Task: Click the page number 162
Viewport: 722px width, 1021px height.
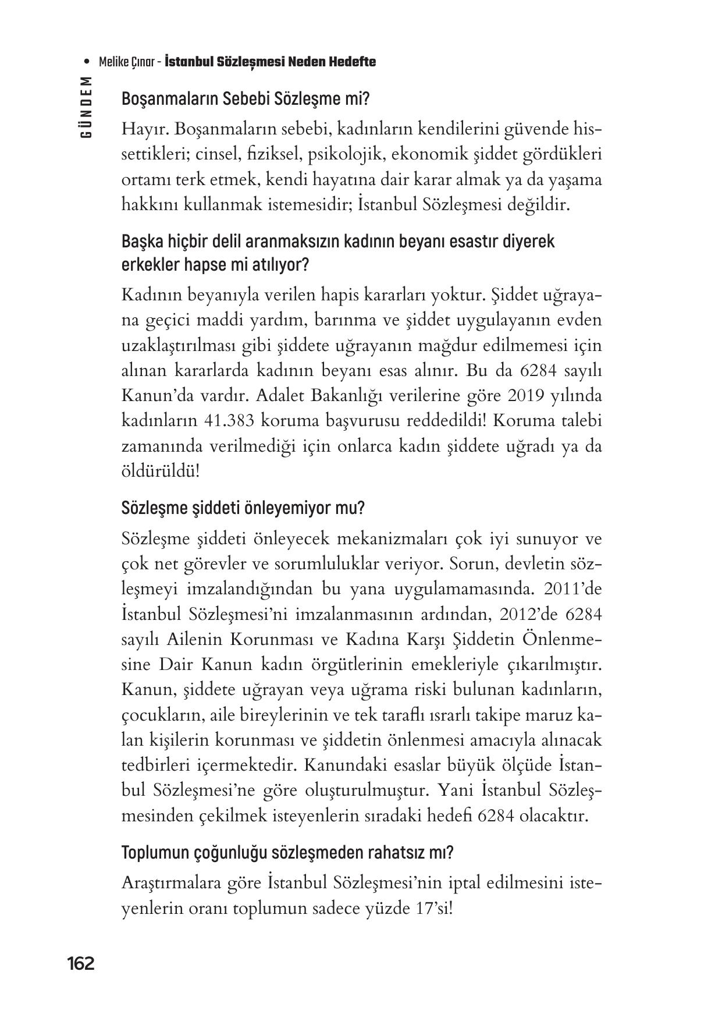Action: (x=80, y=963)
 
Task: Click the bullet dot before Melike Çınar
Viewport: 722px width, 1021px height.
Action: (x=87, y=62)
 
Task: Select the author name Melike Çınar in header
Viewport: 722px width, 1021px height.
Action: (x=126, y=62)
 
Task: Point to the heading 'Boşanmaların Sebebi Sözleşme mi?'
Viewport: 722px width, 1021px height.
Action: (x=245, y=99)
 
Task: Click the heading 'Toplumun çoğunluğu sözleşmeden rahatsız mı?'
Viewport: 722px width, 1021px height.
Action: (x=287, y=853)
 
